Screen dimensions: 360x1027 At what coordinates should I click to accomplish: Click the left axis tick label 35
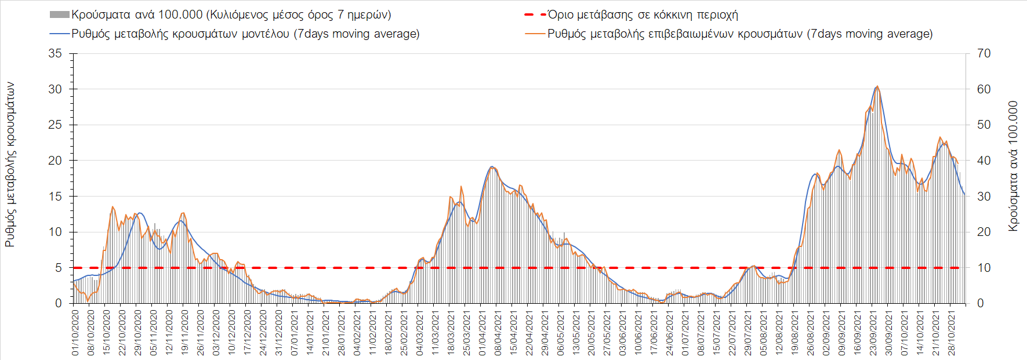tap(55, 53)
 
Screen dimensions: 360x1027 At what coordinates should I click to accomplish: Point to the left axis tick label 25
tap(55, 125)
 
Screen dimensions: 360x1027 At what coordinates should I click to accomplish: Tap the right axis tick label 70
tap(984, 53)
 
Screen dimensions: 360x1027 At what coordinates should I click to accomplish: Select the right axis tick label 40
tap(984, 161)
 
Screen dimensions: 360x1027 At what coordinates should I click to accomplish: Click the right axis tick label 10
tap(984, 268)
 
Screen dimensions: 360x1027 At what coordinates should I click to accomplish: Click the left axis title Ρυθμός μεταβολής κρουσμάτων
tap(10, 165)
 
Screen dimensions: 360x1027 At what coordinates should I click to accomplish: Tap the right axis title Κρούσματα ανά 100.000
tap(1013, 166)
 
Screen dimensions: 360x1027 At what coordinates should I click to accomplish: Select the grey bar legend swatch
tap(60, 15)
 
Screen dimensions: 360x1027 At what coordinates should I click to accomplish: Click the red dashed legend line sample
tap(535, 15)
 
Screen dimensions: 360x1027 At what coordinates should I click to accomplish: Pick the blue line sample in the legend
tap(60, 34)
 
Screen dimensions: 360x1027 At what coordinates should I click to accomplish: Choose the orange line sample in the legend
tap(535, 34)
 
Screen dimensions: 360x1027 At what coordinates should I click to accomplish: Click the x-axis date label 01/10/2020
tap(75, 333)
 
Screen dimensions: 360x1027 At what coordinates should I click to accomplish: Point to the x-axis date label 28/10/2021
tap(952, 333)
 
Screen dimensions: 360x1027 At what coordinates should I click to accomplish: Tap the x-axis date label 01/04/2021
tap(482, 333)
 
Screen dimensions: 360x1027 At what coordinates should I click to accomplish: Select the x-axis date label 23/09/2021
tap(873, 333)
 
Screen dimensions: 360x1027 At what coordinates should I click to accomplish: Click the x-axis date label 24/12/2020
tap(263, 333)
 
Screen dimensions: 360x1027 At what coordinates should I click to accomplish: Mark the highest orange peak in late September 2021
tap(877, 86)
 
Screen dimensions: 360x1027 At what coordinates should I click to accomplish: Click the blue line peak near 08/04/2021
tap(492, 167)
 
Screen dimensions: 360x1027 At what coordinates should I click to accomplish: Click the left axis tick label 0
tap(59, 303)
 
